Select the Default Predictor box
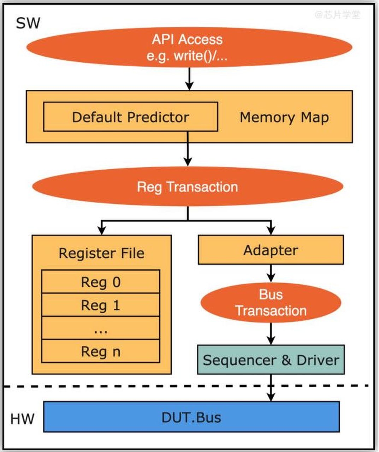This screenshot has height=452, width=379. (x=130, y=117)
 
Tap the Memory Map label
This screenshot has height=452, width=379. (x=284, y=117)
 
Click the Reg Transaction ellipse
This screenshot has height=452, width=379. (x=188, y=186)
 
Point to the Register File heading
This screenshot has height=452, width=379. (x=101, y=253)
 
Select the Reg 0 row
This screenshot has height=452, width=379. (x=101, y=282)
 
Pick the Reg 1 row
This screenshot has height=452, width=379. (x=101, y=305)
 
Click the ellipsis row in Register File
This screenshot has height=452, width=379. (x=101, y=328)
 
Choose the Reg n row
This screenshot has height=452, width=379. (x=101, y=351)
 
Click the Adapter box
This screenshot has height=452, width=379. (x=271, y=250)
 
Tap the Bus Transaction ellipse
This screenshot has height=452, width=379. (x=271, y=303)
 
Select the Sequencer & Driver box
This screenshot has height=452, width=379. (x=271, y=360)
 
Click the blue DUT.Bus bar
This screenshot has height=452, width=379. (x=191, y=417)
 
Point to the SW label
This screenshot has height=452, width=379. (x=28, y=24)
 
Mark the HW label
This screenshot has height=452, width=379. (x=22, y=419)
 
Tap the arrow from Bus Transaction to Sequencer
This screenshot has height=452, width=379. (x=271, y=334)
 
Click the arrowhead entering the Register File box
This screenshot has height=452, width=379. (x=102, y=230)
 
